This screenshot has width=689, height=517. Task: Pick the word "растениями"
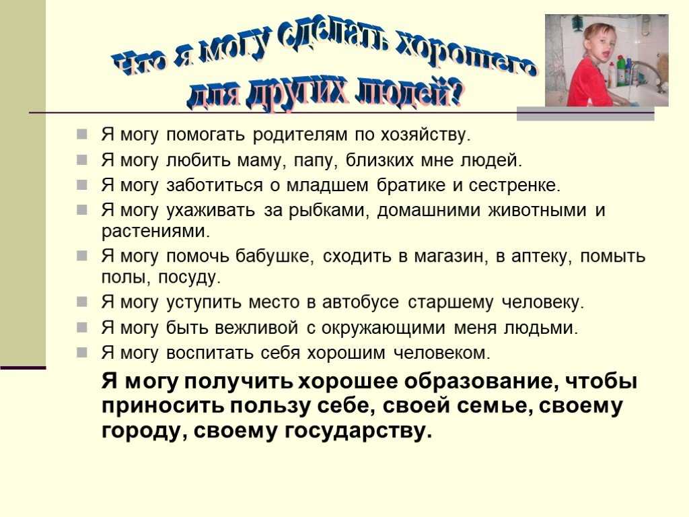pos(155,232)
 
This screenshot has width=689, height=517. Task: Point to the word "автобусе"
pos(361,302)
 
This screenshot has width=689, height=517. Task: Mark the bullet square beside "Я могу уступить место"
pos(81,302)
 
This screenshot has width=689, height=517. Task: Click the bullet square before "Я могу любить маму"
pos(81,160)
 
